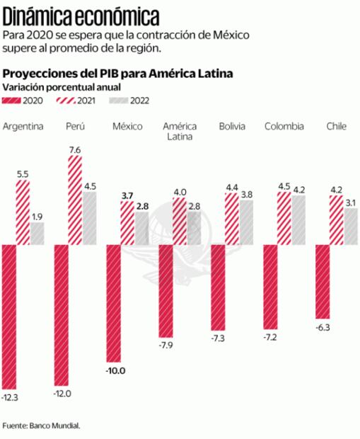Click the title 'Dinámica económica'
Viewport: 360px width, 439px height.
(81, 16)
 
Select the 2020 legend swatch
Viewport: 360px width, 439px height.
(13, 102)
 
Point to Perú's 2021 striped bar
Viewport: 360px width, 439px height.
(75, 200)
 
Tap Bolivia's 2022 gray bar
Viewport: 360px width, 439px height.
(246, 222)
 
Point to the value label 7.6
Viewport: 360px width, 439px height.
(75, 149)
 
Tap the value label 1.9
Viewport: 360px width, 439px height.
(37, 216)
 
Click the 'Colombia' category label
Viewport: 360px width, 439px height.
(284, 127)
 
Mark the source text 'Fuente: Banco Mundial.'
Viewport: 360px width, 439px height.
(42, 426)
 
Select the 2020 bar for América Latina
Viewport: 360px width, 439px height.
(166, 290)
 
